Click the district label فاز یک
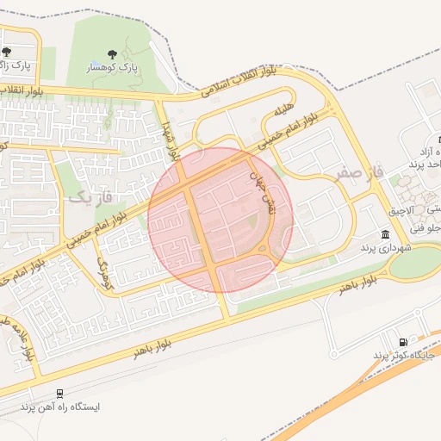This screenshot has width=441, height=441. coord(90,198)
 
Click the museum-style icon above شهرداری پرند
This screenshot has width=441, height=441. coord(384,235)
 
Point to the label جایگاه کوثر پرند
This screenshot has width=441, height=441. coord(404,356)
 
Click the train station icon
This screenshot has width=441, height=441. coord(59,394)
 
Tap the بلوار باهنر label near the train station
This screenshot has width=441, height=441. coord(152,347)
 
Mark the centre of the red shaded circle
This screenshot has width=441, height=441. coord(220,220)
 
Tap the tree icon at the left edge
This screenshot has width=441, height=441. coord(6,52)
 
